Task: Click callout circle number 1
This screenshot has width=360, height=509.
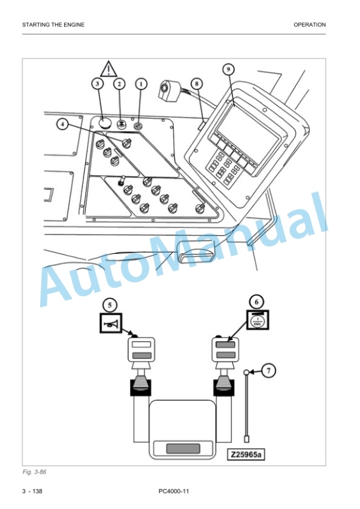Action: [x=141, y=84]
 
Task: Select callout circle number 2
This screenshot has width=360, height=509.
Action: [x=119, y=84]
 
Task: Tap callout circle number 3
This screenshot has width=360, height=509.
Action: [x=98, y=84]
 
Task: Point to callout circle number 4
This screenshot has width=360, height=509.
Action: [x=63, y=124]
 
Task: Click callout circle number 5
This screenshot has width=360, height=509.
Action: [x=109, y=305]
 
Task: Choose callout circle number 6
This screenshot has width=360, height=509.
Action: [x=256, y=302]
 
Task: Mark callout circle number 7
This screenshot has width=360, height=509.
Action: [x=268, y=371]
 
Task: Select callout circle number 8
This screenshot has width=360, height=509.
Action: [x=196, y=83]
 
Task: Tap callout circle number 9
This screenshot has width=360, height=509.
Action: [x=228, y=69]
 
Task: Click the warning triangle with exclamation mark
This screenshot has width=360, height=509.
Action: [x=108, y=69]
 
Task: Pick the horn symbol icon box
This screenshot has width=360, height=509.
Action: [x=111, y=323]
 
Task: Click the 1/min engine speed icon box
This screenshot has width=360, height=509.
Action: [x=258, y=320]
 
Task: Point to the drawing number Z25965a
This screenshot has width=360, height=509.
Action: [x=246, y=454]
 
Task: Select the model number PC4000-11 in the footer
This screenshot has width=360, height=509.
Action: [x=174, y=491]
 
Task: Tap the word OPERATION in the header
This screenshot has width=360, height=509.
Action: [x=309, y=25]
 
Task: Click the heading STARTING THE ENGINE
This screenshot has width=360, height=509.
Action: [x=54, y=25]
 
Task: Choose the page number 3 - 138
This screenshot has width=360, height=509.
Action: [x=32, y=491]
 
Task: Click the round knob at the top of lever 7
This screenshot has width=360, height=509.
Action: [x=246, y=372]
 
